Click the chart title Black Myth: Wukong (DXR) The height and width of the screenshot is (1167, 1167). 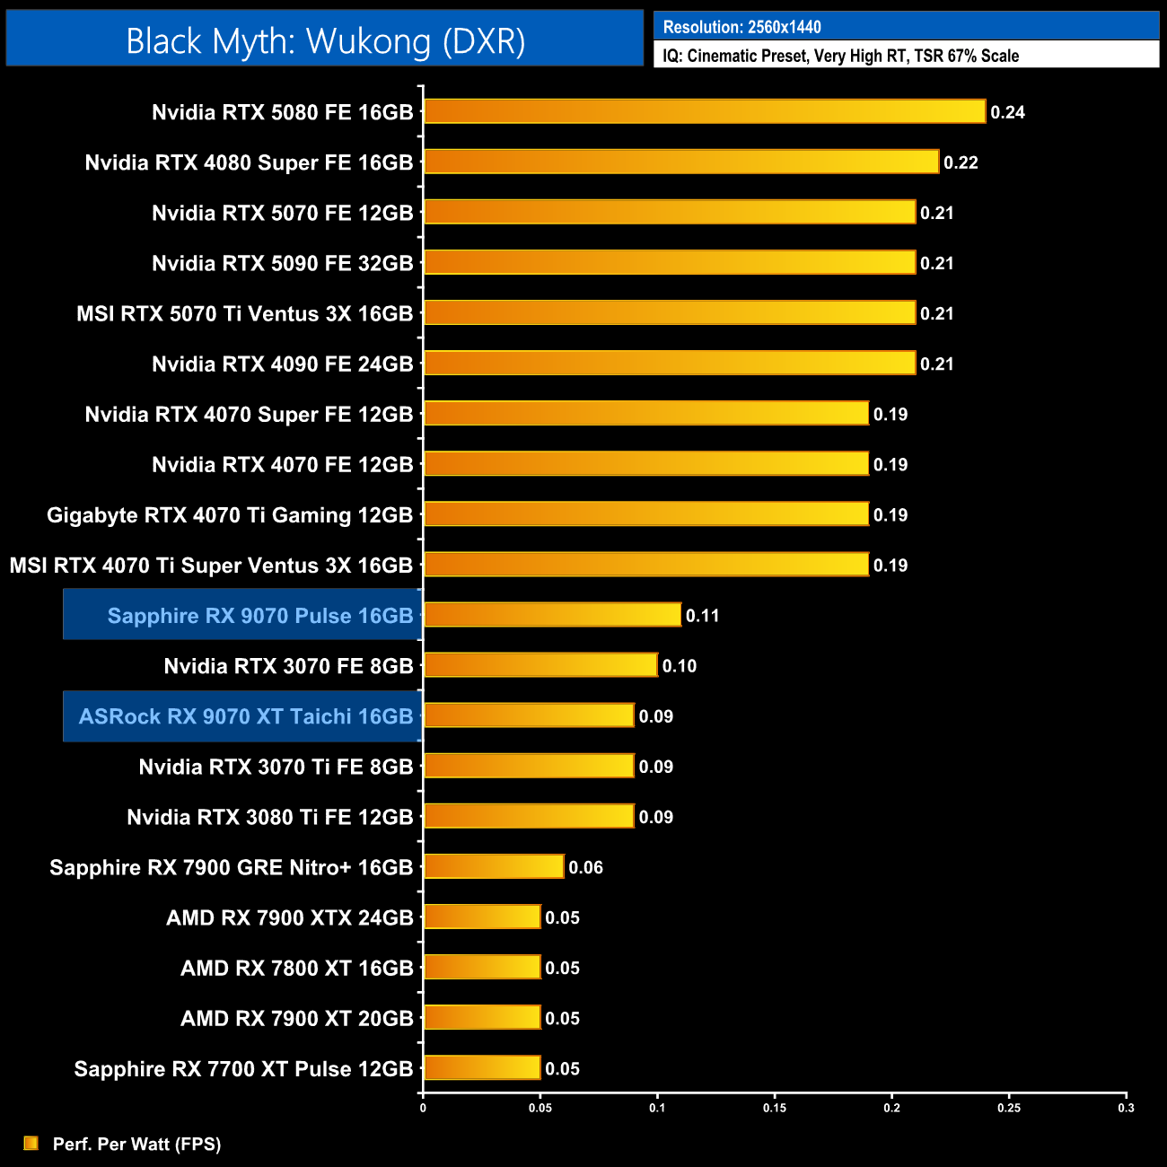[325, 41]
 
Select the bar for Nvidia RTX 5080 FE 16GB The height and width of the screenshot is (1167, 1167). [705, 111]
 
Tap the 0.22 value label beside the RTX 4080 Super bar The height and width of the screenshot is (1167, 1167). [961, 162]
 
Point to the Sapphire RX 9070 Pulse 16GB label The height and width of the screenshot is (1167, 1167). [260, 616]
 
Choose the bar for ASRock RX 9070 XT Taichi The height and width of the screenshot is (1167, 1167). [529, 715]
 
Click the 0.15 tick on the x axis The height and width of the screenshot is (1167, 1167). [775, 1108]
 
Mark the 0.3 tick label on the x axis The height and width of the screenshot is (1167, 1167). [1126, 1108]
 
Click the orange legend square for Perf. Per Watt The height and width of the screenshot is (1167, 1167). [31, 1143]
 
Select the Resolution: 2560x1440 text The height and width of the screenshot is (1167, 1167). [742, 27]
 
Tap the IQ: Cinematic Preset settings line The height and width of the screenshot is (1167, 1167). [841, 56]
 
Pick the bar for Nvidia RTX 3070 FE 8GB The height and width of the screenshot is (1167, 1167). [540, 665]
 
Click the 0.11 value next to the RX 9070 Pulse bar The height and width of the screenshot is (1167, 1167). [703, 616]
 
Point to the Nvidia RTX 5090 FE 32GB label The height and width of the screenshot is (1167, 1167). [282, 263]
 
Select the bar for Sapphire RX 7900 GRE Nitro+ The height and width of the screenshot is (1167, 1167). [494, 866]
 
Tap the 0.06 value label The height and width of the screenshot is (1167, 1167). [585, 867]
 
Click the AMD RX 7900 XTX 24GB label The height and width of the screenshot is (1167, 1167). [289, 917]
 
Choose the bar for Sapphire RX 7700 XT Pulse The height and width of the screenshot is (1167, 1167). [482, 1067]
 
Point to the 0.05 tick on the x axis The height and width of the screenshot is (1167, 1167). [540, 1108]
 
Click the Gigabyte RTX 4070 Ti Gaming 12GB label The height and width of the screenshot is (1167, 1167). [230, 515]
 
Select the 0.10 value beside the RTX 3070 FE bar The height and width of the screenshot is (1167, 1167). [680, 666]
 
